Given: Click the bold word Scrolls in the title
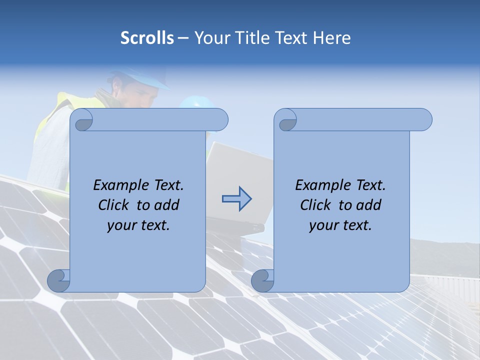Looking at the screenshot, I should coord(147,38).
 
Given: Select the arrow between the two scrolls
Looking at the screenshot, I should coord(236,199).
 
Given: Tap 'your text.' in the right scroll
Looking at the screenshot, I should coord(340,225).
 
